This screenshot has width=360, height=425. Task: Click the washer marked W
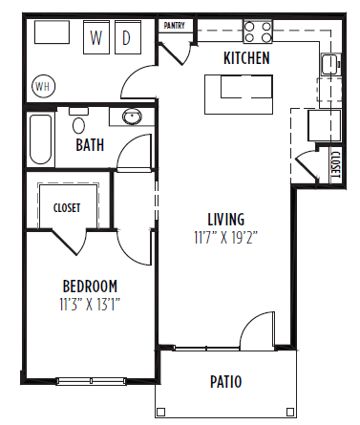point(96,37)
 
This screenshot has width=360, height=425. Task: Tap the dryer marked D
point(127,37)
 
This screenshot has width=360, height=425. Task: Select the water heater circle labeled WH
point(42,86)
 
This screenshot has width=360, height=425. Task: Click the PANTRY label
point(175,26)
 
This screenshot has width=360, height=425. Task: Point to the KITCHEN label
point(246,58)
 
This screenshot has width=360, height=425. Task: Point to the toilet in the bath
point(78,123)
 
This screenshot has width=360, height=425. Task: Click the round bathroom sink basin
point(133,117)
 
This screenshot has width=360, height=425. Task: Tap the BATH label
point(91,147)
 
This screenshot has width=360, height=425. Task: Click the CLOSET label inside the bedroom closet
point(67,207)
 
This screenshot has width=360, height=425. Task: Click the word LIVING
point(226,218)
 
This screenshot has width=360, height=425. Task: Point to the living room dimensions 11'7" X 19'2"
point(225,234)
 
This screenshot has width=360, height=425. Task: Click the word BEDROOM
point(90,286)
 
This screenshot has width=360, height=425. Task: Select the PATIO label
point(225,382)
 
